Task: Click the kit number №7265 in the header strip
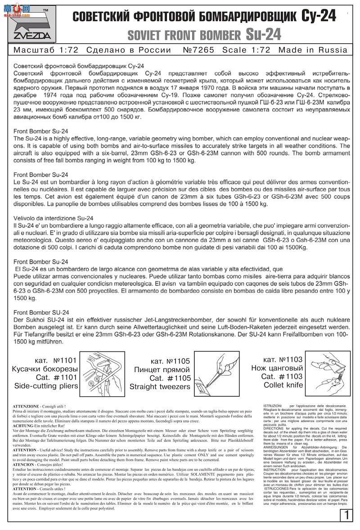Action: (198, 49)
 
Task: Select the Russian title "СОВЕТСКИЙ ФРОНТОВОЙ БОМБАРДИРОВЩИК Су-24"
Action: (204, 16)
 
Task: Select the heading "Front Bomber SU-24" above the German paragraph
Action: (41, 312)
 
